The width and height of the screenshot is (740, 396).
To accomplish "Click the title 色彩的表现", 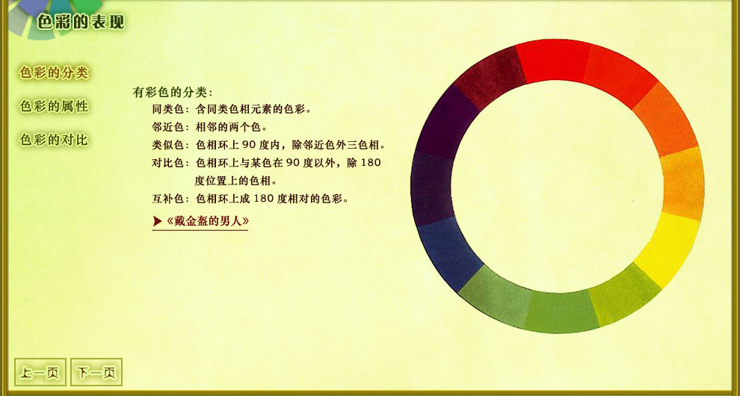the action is tap(80, 21).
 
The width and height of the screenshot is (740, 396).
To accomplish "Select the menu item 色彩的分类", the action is tap(54, 72).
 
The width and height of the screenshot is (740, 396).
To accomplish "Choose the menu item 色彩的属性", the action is tap(54, 106).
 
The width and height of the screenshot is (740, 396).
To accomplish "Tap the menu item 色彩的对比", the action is tap(54, 140).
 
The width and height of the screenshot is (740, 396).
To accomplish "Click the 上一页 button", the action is tap(40, 372).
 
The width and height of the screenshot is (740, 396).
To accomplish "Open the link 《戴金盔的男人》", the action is tap(208, 221).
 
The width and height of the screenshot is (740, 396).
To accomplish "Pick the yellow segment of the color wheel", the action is tap(667, 249).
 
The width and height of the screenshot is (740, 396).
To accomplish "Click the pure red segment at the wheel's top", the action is tap(553, 61).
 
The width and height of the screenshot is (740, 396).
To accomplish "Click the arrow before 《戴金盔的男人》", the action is tap(158, 221).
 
